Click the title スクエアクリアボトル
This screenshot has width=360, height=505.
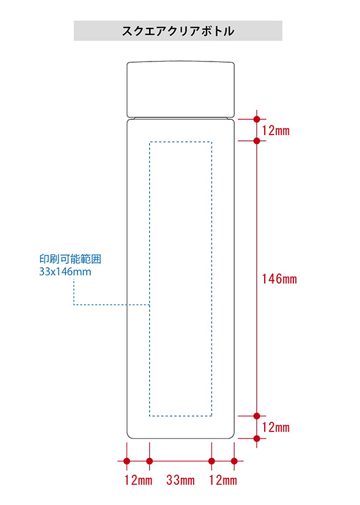pyautogui.click(x=178, y=31)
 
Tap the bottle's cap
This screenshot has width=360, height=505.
pyautogui.click(x=180, y=89)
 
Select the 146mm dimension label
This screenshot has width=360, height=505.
pyautogui.click(x=279, y=279)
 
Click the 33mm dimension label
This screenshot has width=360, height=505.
pyautogui.click(x=180, y=480)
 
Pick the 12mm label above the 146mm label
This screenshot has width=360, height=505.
pyautogui.click(x=276, y=131)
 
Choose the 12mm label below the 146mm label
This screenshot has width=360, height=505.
pyautogui.click(x=276, y=428)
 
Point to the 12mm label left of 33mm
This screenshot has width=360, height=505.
pyautogui.click(x=138, y=480)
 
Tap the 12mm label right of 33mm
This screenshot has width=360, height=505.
pyautogui.click(x=223, y=480)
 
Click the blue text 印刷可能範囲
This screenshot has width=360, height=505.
pyautogui.click(x=70, y=259)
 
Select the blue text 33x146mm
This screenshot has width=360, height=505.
pyautogui.click(x=65, y=272)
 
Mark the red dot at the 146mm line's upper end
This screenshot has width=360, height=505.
pyautogui.click(x=257, y=141)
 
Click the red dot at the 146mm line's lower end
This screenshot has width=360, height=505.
pyautogui.click(x=257, y=416)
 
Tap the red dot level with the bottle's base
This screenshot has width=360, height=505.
pyautogui.click(x=257, y=438)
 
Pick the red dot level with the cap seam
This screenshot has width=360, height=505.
pyautogui.click(x=257, y=119)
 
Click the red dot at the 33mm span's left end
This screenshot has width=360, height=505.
pyautogui.click(x=150, y=461)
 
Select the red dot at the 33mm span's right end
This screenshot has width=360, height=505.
pyautogui.click(x=211, y=461)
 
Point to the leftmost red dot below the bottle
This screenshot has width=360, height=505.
pyautogui.click(x=127, y=461)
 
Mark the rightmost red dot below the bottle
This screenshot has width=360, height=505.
pyautogui.click(x=234, y=461)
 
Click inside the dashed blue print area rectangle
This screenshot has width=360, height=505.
pyautogui.click(x=180, y=279)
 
